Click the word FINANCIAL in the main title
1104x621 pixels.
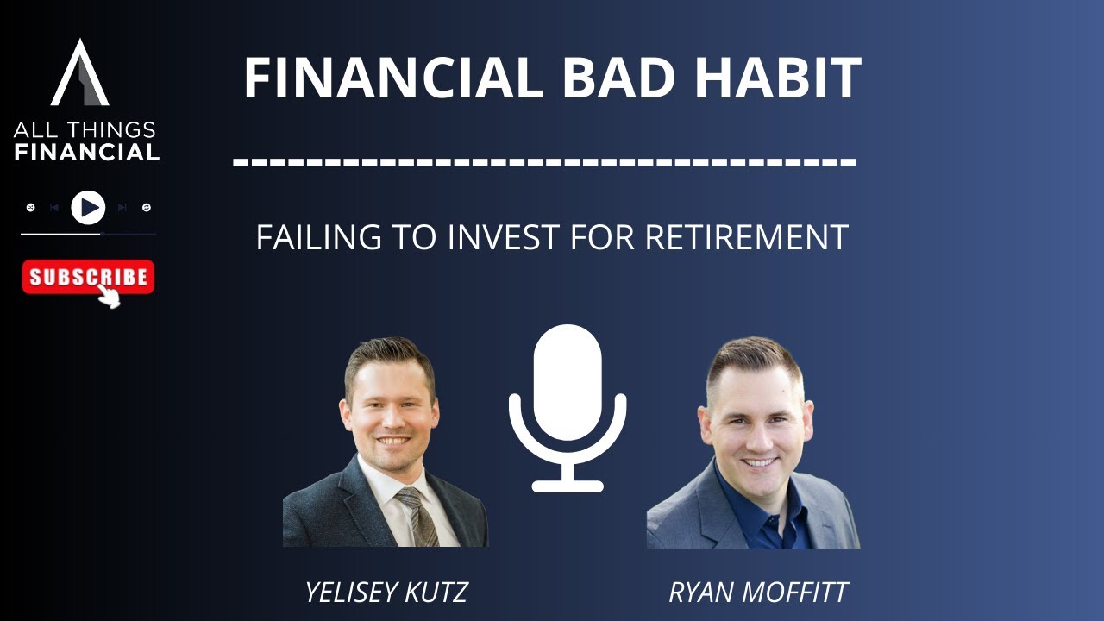click(x=392, y=79)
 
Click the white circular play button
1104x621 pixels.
click(x=88, y=208)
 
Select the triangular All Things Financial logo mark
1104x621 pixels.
click(x=80, y=73)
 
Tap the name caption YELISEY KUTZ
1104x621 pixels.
click(x=386, y=593)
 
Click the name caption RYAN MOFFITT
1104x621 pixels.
click(x=758, y=593)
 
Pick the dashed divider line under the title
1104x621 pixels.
click(x=544, y=161)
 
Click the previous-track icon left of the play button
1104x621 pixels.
click(x=54, y=208)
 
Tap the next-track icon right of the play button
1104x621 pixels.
click(x=122, y=208)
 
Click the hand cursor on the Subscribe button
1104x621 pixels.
click(x=109, y=296)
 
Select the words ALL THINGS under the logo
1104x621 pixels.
click(x=85, y=131)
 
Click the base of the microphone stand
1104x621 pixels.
click(x=567, y=486)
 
